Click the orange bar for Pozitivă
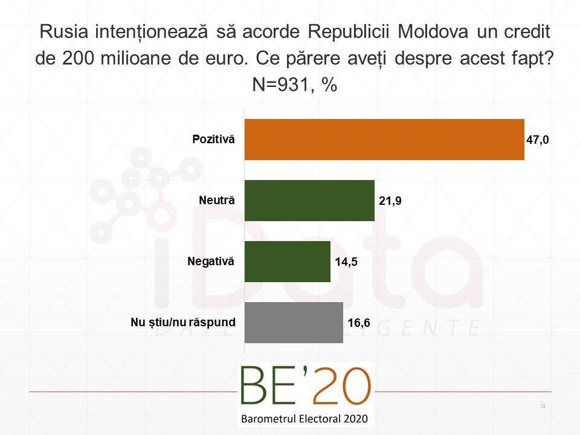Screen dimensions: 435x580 pyautogui.click(x=384, y=140)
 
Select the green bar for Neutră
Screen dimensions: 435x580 pyautogui.click(x=309, y=201)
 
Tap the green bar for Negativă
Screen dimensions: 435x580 pyautogui.click(x=287, y=262)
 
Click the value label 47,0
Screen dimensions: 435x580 pyautogui.click(x=538, y=140)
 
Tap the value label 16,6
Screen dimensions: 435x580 pyautogui.click(x=358, y=323)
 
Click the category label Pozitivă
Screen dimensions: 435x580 pyautogui.click(x=213, y=140)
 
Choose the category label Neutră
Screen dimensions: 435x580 pyautogui.click(x=217, y=200)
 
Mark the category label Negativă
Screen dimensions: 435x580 pyautogui.click(x=211, y=261)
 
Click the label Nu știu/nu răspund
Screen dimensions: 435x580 pyautogui.click(x=183, y=322)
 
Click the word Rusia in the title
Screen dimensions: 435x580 pyautogui.click(x=59, y=32)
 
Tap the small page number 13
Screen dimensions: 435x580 pyautogui.click(x=543, y=405)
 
